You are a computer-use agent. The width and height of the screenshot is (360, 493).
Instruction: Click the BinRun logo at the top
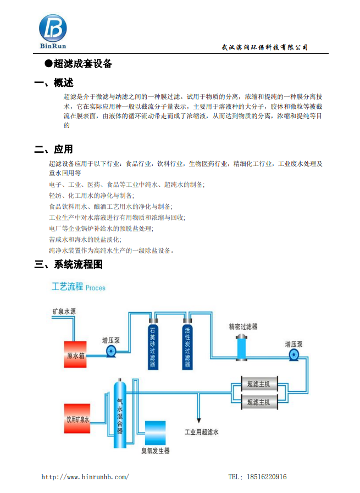click(53, 31)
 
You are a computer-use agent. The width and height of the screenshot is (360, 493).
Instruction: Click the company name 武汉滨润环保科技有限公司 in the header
click(264, 47)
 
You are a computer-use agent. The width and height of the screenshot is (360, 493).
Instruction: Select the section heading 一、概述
click(54, 82)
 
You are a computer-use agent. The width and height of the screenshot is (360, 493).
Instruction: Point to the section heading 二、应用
click(53, 149)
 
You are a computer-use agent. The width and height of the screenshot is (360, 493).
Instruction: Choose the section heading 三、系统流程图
click(69, 264)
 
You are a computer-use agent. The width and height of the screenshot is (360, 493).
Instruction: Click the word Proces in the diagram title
click(95, 287)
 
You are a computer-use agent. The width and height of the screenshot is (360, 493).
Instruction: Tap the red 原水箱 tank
click(75, 354)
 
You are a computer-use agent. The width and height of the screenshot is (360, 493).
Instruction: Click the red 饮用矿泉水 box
click(77, 418)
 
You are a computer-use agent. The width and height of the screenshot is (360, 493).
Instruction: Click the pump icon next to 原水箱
click(111, 351)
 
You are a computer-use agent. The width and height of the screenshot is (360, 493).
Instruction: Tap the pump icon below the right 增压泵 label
click(294, 355)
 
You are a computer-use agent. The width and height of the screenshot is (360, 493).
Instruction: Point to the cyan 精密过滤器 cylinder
click(241, 347)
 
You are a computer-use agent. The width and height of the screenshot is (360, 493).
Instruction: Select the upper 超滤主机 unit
click(259, 384)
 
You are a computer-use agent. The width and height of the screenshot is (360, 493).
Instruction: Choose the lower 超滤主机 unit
click(259, 402)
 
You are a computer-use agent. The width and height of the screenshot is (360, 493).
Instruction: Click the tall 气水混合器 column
click(120, 413)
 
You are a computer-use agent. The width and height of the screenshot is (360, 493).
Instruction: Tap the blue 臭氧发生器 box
click(156, 433)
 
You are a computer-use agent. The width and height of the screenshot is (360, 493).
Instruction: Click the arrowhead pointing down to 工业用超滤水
click(199, 420)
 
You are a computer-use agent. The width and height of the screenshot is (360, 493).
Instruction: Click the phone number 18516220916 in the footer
click(267, 477)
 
